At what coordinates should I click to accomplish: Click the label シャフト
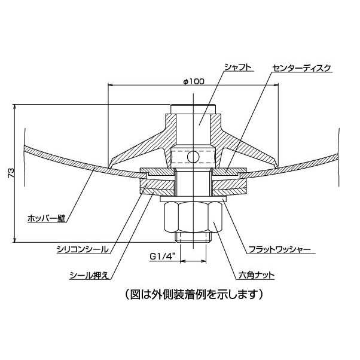pos(238,68)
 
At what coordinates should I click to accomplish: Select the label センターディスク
pos(301,68)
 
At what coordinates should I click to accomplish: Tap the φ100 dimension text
pos(194,81)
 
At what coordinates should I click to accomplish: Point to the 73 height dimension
pos(11,173)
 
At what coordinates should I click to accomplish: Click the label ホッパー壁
pos(47,218)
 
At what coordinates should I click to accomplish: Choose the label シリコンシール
pos(83,249)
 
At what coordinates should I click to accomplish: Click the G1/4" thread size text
pos(162,257)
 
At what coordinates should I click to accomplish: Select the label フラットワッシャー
pos(280,249)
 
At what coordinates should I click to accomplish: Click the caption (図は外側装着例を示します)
pos(194,294)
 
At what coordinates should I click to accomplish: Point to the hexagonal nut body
pos(194,217)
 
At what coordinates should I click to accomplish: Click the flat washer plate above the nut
pos(194,199)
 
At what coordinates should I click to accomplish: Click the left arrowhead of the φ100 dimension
pos(111,85)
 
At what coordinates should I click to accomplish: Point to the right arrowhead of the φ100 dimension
pos(276,85)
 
